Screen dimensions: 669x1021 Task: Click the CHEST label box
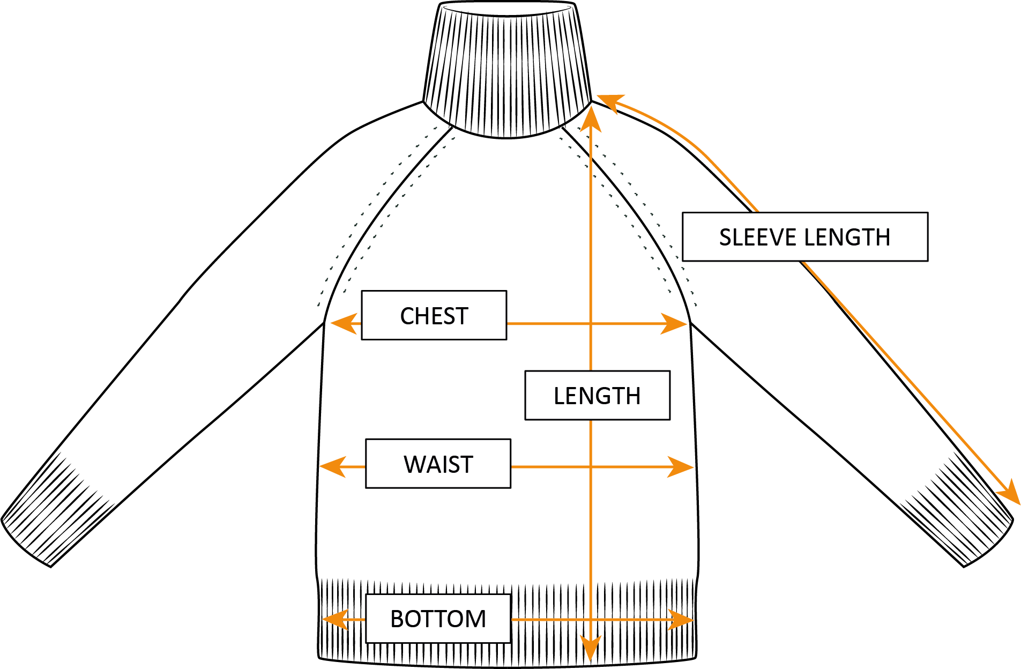(x=434, y=315)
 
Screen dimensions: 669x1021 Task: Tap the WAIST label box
(x=438, y=464)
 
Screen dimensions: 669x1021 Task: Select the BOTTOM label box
(x=438, y=619)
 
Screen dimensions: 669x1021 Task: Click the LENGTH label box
(x=597, y=396)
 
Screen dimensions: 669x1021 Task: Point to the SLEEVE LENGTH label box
(x=804, y=237)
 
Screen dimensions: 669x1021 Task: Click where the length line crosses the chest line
(x=591, y=324)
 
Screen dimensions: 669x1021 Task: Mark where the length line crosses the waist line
(x=591, y=467)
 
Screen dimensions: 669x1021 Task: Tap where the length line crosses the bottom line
(x=591, y=620)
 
